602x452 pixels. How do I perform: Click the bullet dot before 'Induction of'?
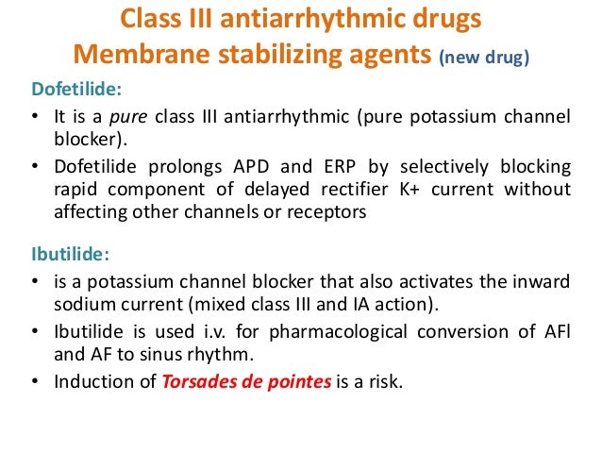pyautogui.click(x=34, y=382)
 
